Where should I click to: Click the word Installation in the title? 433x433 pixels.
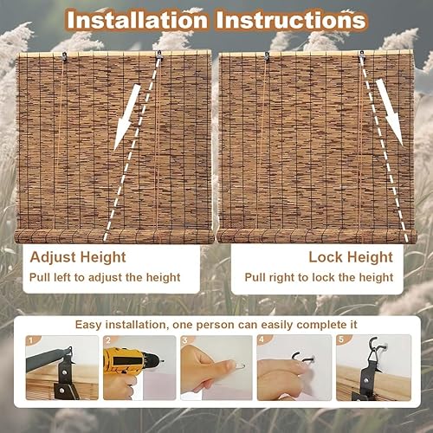137,20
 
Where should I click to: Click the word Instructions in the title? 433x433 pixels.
291,20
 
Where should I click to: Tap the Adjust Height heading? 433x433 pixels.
78,257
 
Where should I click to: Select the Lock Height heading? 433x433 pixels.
351,257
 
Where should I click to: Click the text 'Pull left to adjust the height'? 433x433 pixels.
105,277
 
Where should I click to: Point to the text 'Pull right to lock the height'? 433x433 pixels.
319,277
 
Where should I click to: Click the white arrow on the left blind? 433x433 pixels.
127,118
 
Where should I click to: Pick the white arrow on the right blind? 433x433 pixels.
390,113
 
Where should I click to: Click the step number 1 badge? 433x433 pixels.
31,340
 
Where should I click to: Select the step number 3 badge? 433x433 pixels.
185,340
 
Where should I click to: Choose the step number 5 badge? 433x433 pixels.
341,339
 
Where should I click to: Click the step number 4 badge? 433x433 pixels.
262,339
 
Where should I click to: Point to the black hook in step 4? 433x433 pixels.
303,358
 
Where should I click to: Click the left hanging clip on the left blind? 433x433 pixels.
64,55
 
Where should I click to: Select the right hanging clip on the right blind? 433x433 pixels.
362,55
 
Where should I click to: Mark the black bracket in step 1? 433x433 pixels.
66,375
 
